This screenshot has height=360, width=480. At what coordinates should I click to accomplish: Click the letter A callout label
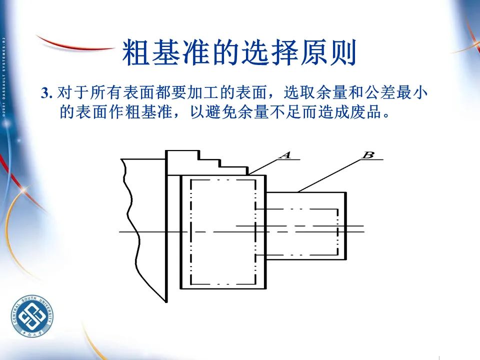[x=285, y=154]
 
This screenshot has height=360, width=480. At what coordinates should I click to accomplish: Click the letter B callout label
[x=367, y=154]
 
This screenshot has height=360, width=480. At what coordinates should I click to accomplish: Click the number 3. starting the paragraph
[x=47, y=93]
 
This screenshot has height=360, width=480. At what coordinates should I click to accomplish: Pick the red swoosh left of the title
[x=75, y=45]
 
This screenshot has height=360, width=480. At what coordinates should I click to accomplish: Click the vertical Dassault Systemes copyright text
[x=3, y=75]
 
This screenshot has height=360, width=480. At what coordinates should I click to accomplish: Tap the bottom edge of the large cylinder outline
[x=223, y=289]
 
